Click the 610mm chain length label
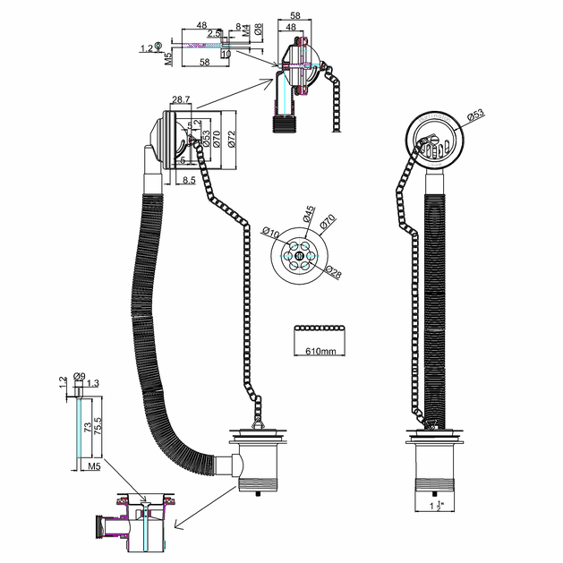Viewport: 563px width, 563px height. click(320, 352)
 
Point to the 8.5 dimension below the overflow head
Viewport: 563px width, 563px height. click(189, 181)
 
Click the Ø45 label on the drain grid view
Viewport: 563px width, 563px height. click(306, 216)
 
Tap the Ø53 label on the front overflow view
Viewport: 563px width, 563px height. click(475, 115)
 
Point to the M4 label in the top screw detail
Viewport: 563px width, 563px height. click(245, 34)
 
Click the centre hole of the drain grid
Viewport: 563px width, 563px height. click(297, 254)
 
